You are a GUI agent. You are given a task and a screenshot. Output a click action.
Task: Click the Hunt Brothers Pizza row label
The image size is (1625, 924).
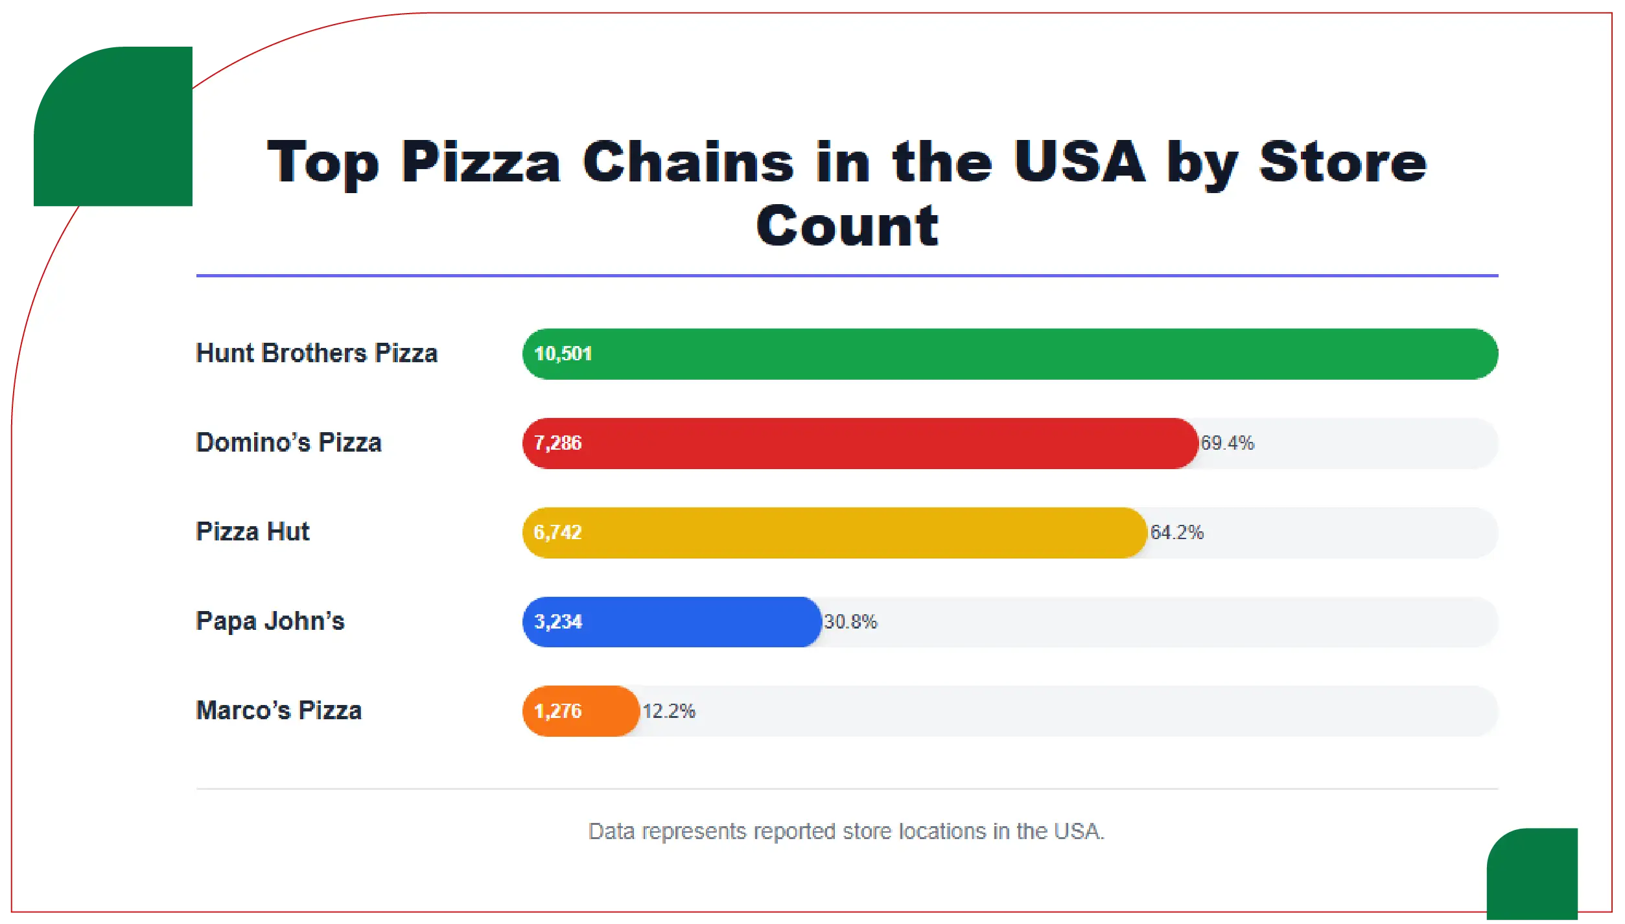tap(316, 353)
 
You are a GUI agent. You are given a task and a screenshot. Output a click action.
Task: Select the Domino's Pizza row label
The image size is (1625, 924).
tap(288, 443)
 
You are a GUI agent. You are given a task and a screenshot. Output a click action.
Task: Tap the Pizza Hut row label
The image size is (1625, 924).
tap(252, 531)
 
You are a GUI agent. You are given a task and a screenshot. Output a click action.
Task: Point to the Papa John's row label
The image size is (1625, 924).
tap(270, 621)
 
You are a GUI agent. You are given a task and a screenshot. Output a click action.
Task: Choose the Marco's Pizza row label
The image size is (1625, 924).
tap(279, 710)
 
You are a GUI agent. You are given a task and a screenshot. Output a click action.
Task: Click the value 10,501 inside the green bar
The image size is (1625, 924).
tap(563, 354)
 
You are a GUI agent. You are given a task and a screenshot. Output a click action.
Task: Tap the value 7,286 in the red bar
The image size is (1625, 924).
tap(557, 443)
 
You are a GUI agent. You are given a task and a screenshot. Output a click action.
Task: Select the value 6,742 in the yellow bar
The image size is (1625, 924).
tap(557, 533)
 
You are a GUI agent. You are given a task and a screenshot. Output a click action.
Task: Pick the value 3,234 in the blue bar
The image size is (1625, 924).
tap(558, 622)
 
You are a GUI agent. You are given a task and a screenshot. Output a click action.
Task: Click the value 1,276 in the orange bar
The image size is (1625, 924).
tap(557, 711)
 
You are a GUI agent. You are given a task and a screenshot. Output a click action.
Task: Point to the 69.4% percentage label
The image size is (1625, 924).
tap(1227, 443)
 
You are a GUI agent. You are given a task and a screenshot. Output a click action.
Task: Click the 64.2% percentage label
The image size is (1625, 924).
tap(1176, 533)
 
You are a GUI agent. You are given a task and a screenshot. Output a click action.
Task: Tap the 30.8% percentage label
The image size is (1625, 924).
tap(850, 622)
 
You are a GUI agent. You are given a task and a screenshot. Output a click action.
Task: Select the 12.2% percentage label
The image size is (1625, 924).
tap(668, 711)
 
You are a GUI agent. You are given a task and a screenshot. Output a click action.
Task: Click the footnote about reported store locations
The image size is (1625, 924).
tap(846, 831)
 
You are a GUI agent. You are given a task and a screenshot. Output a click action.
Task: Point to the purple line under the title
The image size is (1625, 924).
tap(847, 275)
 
